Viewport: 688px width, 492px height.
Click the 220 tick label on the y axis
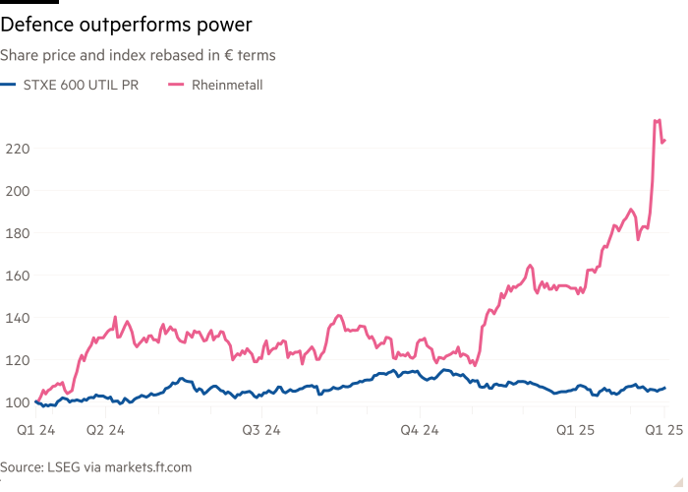(17, 148)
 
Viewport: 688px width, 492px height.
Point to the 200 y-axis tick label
(17, 190)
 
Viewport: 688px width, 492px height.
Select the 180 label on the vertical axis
(17, 232)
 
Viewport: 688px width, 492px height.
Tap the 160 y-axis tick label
(17, 275)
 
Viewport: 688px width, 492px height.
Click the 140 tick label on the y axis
(17, 317)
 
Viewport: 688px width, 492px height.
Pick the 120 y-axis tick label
(17, 359)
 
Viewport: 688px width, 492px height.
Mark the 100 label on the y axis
(17, 401)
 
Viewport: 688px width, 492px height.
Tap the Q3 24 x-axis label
(262, 430)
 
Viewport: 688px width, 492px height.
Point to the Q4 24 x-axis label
(421, 430)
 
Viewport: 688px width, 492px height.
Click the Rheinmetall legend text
(228, 86)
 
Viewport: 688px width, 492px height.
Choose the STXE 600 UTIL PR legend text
(83, 86)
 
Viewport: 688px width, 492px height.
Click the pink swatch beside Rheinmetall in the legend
(177, 86)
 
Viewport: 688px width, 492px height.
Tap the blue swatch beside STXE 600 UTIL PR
(9, 86)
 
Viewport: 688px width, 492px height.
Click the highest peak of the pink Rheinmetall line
(657, 120)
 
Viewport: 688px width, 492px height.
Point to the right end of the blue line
(664, 388)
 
